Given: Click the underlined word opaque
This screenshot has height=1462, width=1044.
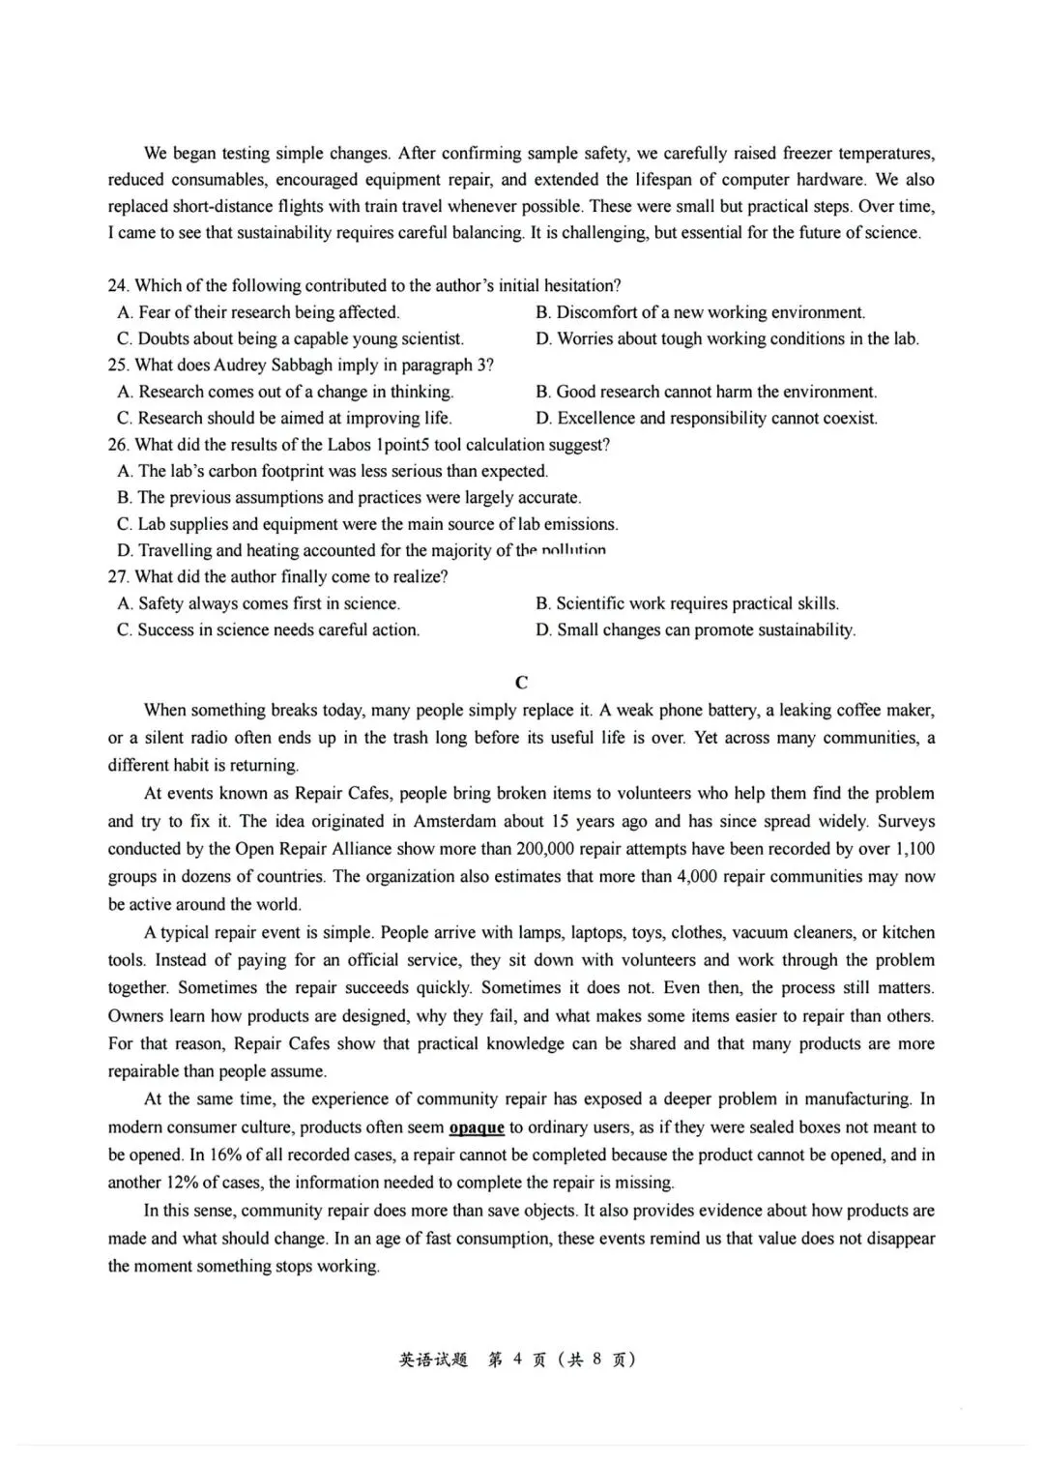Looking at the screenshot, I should click(477, 1127).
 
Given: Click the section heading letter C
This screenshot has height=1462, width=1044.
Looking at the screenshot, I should click(521, 683).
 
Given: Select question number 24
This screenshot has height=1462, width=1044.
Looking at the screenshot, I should click(118, 286).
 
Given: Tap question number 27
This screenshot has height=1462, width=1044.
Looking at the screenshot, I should click(118, 577).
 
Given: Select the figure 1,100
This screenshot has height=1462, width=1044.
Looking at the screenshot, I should click(914, 849).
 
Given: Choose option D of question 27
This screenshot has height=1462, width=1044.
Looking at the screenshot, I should click(696, 630).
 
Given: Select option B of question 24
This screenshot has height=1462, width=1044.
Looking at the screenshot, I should click(701, 312).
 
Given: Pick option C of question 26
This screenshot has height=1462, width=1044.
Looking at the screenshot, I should click(367, 524).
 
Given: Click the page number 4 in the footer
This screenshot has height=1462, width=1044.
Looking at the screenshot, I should click(517, 1360).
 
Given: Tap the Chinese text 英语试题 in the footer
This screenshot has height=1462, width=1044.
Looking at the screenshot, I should click(433, 1360).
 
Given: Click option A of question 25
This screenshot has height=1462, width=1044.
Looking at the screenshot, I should click(285, 392).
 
